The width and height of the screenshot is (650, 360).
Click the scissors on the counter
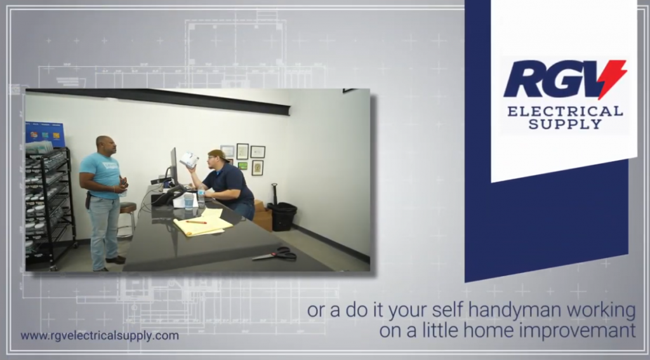pos(275,253)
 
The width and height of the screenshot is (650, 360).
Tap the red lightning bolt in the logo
pos(612,78)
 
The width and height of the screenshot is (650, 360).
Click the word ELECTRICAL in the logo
pos(565,111)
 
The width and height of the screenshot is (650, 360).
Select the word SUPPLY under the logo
pos(565,124)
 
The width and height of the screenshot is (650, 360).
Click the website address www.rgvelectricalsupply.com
pos(100,335)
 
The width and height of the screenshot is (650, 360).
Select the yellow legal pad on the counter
pos(203,225)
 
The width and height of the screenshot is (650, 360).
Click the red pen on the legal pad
pos(196,222)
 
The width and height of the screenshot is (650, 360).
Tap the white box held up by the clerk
pos(189,159)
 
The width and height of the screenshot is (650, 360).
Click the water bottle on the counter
pos(201,198)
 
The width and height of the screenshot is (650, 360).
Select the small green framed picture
pos(242,166)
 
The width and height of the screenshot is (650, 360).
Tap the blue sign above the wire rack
pos(45,135)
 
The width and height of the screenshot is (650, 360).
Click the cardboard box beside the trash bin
pos(262,216)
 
